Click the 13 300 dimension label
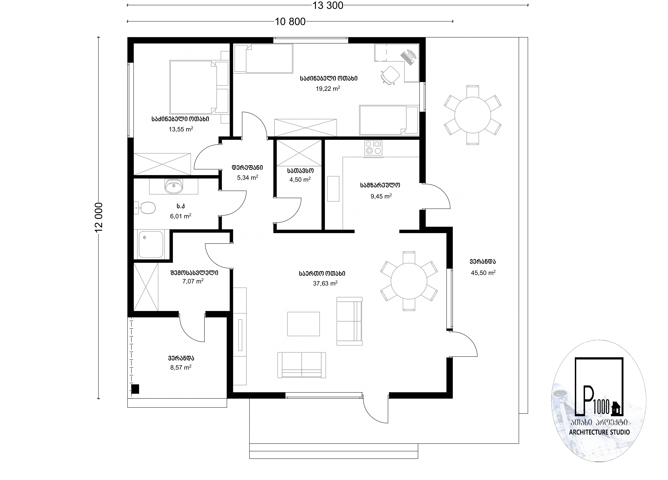coord(328,6)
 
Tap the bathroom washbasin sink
coord(174,186)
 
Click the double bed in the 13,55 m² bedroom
coord(199,87)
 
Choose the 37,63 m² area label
coord(325,283)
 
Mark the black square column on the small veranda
coord(135,389)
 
